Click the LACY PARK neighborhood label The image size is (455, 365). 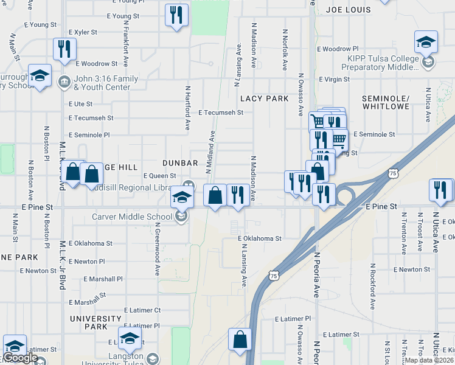[x=264, y=98]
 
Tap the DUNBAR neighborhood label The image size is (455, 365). [x=180, y=163]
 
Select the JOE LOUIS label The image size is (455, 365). [x=348, y=10]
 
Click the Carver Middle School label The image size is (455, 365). [x=132, y=217]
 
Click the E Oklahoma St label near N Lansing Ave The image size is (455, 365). [x=260, y=239]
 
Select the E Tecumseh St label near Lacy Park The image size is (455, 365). [x=221, y=113]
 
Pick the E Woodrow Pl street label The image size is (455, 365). [x=338, y=49]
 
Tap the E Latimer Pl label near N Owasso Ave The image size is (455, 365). [x=293, y=318]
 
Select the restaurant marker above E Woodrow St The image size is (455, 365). [x=64, y=49]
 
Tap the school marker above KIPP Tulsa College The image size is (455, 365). [x=426, y=42]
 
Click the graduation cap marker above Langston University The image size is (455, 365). [x=130, y=338]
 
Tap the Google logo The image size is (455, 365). [x=21, y=358]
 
